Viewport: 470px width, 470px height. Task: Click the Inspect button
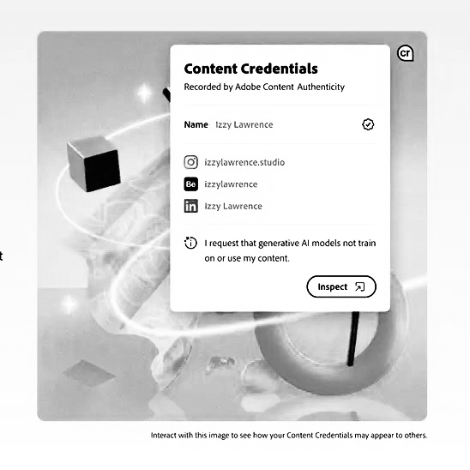point(340,286)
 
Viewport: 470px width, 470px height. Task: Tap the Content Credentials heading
point(250,69)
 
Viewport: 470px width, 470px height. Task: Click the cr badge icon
point(406,53)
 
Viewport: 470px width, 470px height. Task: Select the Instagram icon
point(191,162)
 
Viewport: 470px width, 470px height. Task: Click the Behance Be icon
point(191,184)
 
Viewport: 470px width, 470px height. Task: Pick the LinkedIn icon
point(191,207)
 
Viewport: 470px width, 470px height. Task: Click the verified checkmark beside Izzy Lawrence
point(368,124)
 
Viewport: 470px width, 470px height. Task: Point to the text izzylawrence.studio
point(244,162)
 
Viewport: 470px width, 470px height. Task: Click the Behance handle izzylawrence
point(231,184)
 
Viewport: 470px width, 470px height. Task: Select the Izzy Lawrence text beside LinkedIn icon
point(233,207)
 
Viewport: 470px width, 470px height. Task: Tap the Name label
point(196,124)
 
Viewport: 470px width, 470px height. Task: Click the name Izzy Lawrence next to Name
point(244,124)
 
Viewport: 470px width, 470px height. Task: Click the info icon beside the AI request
point(191,244)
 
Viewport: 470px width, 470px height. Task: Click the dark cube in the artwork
point(93,163)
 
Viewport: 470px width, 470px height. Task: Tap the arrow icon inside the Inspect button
point(360,286)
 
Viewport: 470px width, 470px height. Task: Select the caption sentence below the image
point(288,435)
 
